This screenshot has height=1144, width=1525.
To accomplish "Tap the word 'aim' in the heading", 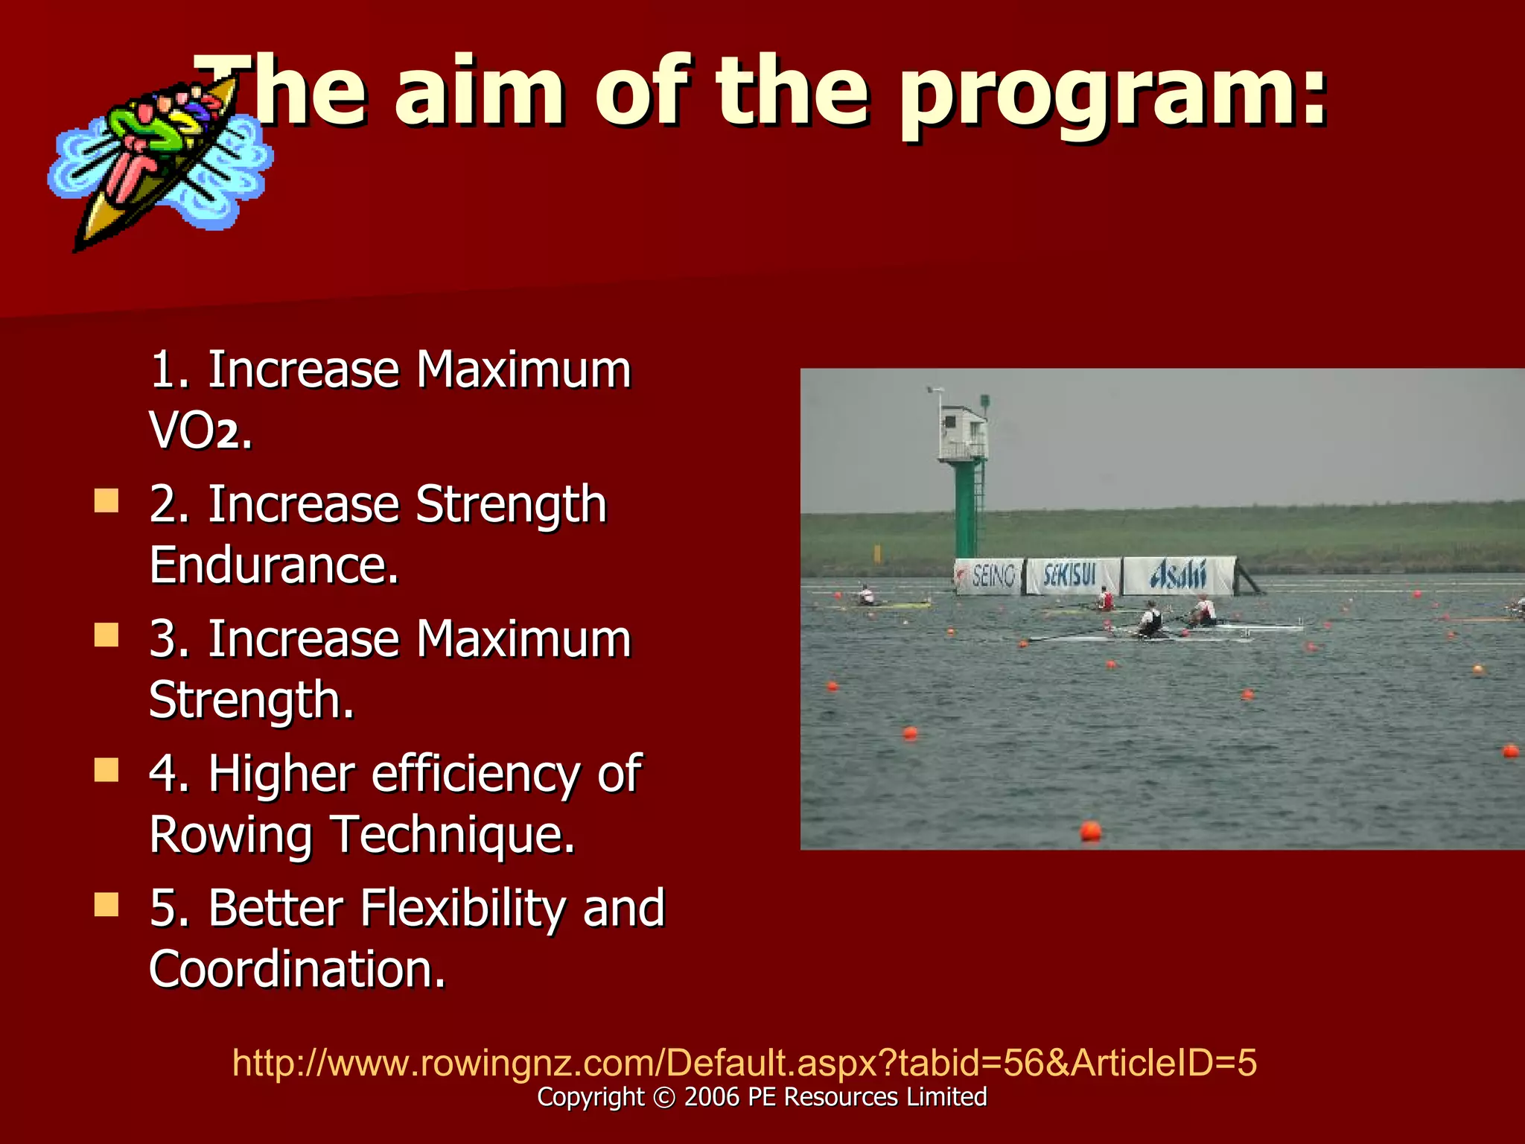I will pos(480,93).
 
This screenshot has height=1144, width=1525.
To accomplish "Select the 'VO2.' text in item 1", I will pos(200,430).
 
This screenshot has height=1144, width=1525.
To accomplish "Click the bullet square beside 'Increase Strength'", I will pos(106,500).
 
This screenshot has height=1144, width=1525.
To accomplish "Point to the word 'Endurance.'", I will pos(274,565).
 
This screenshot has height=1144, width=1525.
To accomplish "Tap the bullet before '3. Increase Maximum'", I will pos(106,635).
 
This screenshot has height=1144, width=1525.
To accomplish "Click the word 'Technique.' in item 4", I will pos(453,835).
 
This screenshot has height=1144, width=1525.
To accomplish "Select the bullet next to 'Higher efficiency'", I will pos(106,770).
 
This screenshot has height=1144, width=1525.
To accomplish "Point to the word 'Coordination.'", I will pos(297,970).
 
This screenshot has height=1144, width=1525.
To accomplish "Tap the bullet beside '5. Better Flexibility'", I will pos(106,905).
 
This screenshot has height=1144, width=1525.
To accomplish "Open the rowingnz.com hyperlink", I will pos(744,1062).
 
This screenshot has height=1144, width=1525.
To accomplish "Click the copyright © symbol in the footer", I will pos(663,1098).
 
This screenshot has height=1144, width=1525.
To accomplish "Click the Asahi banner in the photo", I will pos(1178,576).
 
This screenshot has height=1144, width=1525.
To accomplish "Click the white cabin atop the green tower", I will pos(962,433).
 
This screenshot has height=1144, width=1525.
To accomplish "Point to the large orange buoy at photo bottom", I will pos(1090,830).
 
